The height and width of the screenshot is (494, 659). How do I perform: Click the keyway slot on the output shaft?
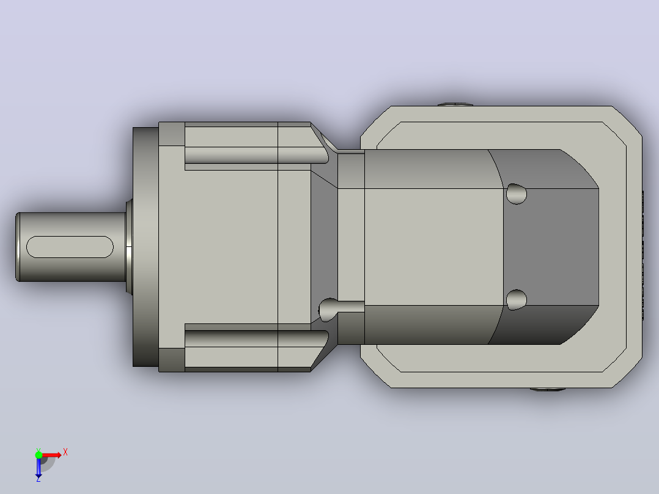pos(70,247)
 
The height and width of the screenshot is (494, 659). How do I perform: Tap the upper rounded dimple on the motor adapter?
pos(516,194)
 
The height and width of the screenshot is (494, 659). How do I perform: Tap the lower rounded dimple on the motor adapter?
pos(516,300)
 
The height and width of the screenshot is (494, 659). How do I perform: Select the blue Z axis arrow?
pos(39,467)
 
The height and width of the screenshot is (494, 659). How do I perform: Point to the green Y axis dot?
pos(39,455)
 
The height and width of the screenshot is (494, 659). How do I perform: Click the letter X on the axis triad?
pos(65,452)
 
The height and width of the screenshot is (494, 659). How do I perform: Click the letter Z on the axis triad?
pos(39,479)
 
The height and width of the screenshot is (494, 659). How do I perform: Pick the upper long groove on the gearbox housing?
pos(256,155)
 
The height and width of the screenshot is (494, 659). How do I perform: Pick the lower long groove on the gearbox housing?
pos(256,339)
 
